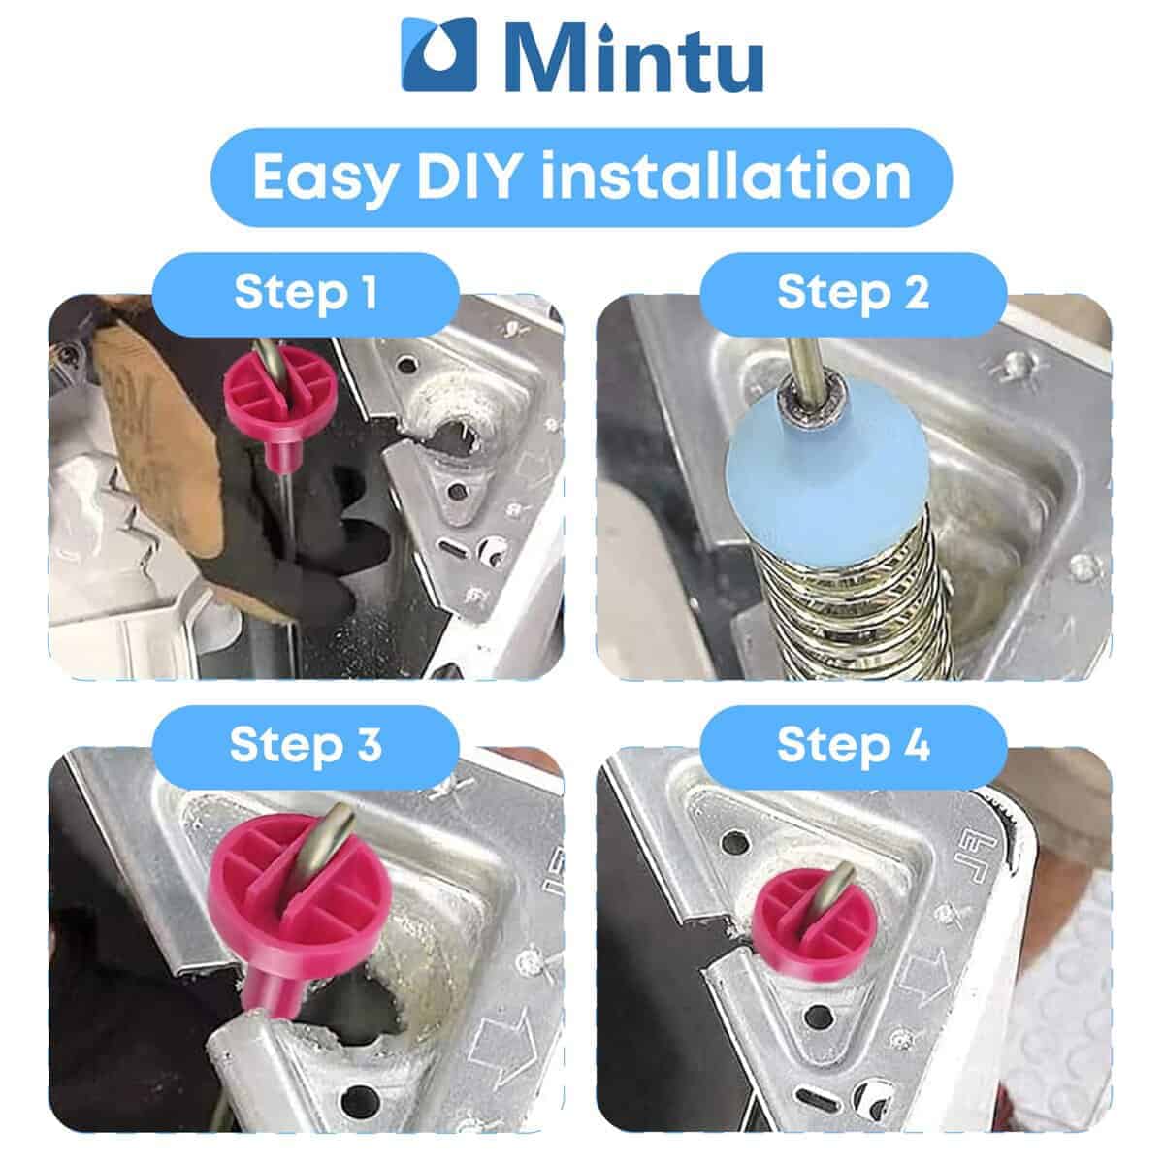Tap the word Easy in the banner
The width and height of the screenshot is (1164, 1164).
point(324,177)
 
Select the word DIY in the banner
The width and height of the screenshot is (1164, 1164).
point(469,176)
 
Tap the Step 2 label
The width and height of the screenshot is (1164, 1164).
point(853,293)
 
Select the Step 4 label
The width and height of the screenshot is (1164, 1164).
point(853,745)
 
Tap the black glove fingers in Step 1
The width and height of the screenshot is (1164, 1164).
point(339,543)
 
